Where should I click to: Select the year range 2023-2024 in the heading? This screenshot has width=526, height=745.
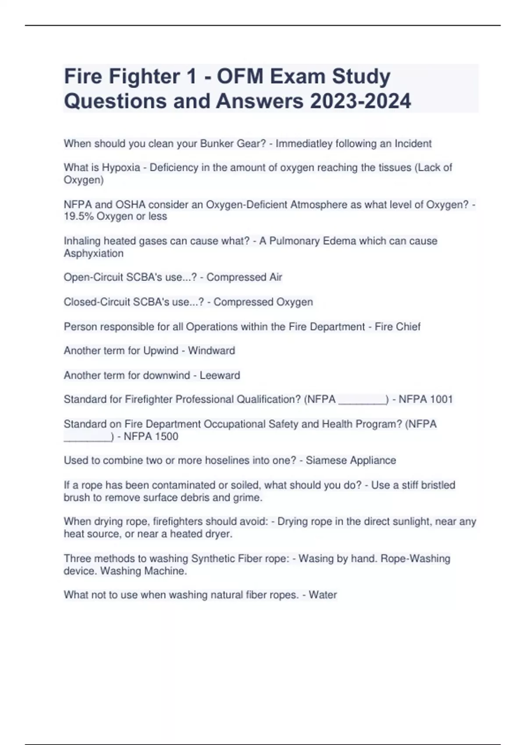point(361,101)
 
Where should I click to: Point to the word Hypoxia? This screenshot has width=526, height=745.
point(121,168)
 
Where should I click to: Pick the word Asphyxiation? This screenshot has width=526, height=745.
point(94,253)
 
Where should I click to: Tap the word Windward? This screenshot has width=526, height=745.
point(211,351)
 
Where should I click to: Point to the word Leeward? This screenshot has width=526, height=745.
point(220,376)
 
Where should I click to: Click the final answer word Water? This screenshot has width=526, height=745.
point(323,595)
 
